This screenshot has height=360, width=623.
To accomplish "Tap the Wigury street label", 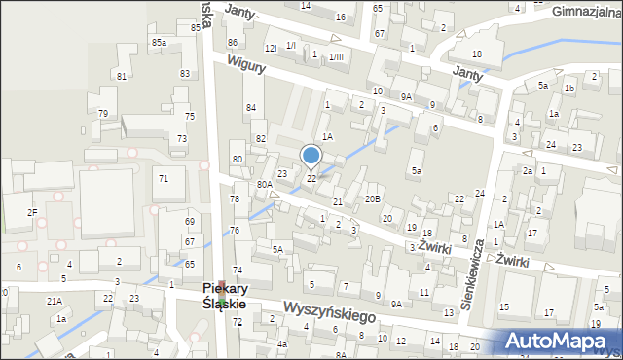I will tap(247, 65).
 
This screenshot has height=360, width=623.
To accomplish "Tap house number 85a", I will tap(158, 43).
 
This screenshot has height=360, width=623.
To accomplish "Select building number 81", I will tap(121, 76).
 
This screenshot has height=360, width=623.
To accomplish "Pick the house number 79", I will tap(102, 114).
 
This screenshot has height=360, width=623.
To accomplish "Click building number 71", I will tap(164, 178).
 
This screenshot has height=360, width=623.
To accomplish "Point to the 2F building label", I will tap(32, 212).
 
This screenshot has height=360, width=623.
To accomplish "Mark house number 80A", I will tap(264, 184).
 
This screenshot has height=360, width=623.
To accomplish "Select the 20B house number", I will tap(372, 198).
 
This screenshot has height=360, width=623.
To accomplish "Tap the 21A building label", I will tap(55, 301).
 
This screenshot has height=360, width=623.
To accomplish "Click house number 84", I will tap(251, 107).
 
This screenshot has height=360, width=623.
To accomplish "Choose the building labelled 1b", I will tap(569, 89).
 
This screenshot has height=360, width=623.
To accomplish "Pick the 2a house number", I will tap(527, 171).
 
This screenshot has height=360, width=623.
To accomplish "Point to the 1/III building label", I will tap(336, 56).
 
